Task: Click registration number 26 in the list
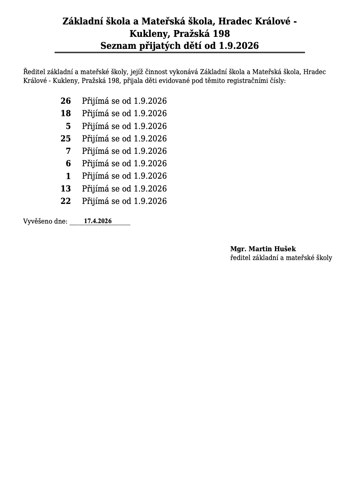click(x=65, y=101)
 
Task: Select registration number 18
click(x=65, y=113)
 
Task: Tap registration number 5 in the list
click(x=68, y=126)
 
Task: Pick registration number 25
click(x=65, y=139)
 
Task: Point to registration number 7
click(x=68, y=151)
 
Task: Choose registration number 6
click(x=68, y=163)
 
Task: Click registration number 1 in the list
click(x=68, y=176)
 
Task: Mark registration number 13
click(x=65, y=189)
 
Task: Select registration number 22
click(x=65, y=201)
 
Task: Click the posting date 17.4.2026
click(x=98, y=221)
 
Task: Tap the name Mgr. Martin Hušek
click(x=263, y=249)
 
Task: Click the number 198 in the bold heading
click(x=221, y=33)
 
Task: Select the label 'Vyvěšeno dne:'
click(x=45, y=222)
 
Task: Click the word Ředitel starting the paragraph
click(x=34, y=72)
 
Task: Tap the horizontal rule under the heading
click(x=180, y=52)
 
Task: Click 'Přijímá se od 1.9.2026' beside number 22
click(x=124, y=201)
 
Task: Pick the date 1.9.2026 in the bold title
click(x=239, y=46)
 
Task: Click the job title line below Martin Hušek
click(x=281, y=258)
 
